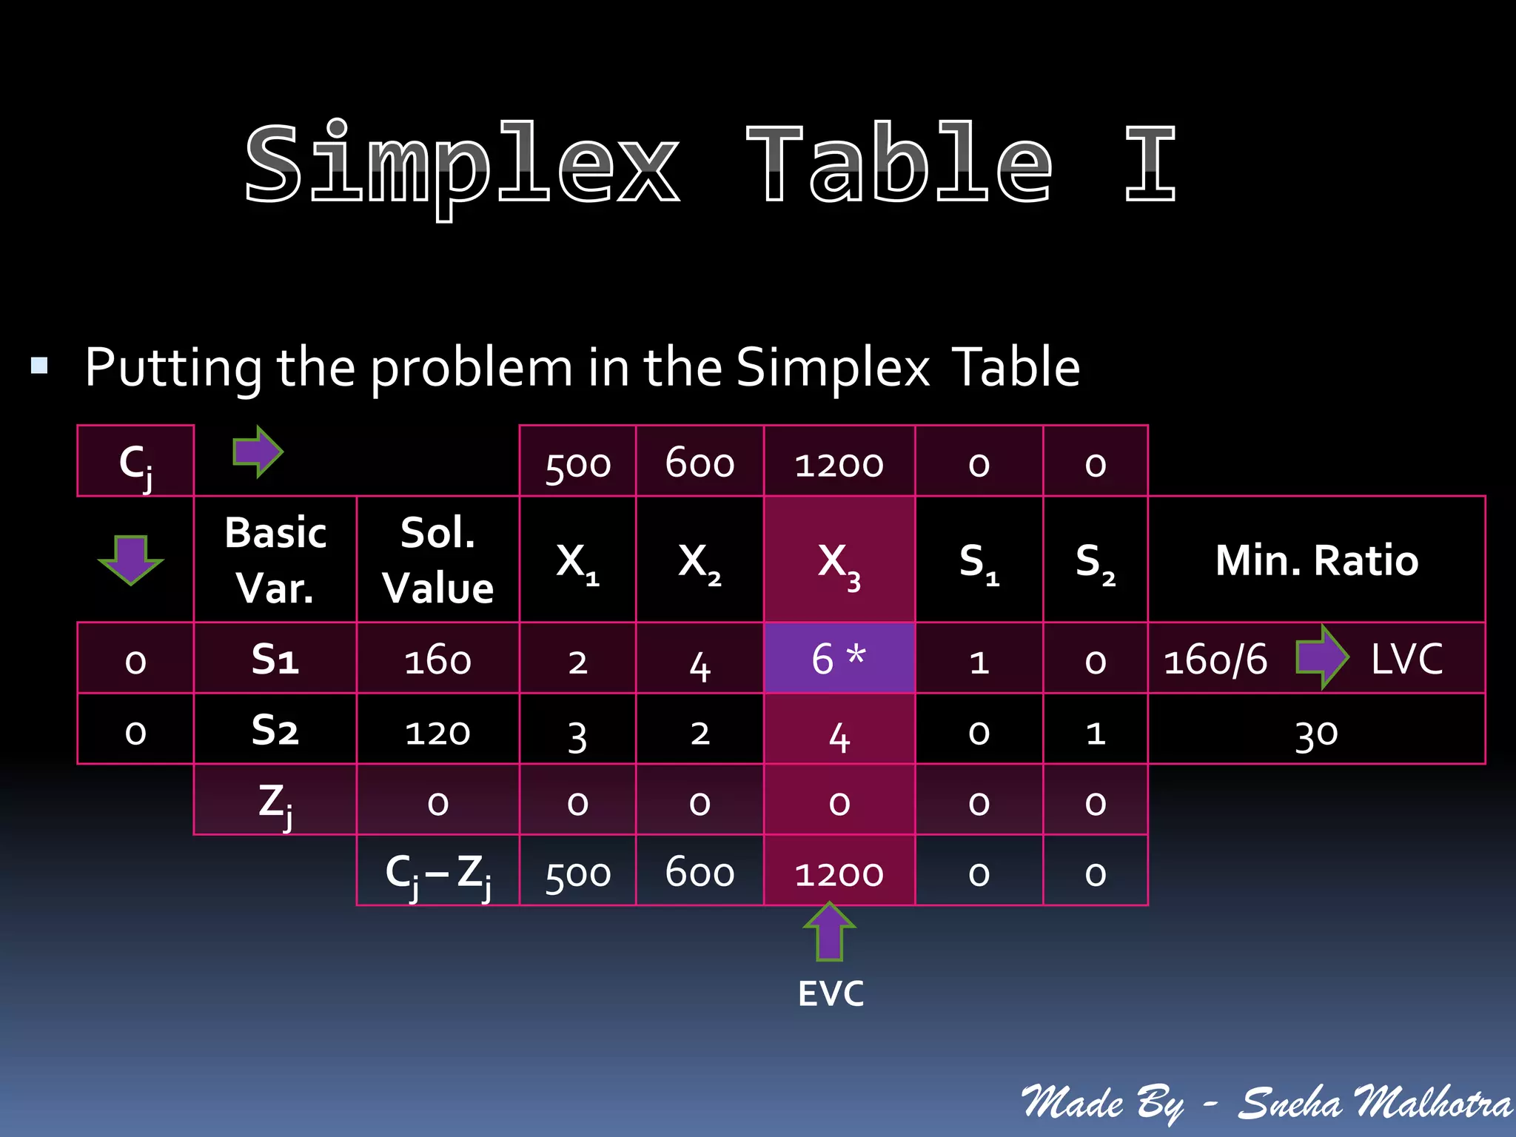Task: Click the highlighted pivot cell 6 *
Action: [x=839, y=658]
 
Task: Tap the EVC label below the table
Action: [x=831, y=993]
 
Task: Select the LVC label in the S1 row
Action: [x=1406, y=658]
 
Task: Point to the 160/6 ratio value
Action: [x=1215, y=660]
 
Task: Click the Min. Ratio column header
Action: [x=1316, y=560]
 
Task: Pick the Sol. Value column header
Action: [x=437, y=560]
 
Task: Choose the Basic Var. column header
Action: [x=275, y=560]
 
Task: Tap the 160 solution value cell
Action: [x=437, y=660]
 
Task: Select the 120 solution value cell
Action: [x=437, y=732]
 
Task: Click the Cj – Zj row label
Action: [x=437, y=874]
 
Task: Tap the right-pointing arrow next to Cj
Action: [x=258, y=452]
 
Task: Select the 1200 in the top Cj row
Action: [x=839, y=465]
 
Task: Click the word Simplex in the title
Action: [x=462, y=164]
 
